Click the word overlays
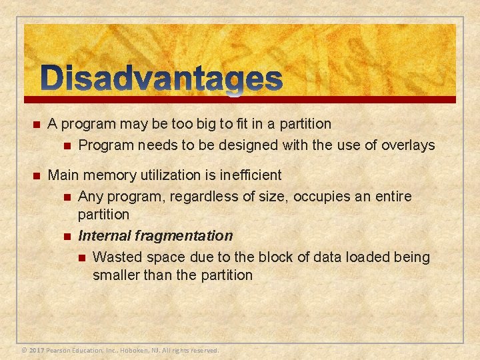(x=408, y=145)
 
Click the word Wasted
(x=116, y=257)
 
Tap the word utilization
(x=169, y=175)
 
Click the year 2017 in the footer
(x=37, y=350)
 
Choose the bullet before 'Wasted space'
(x=81, y=258)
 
